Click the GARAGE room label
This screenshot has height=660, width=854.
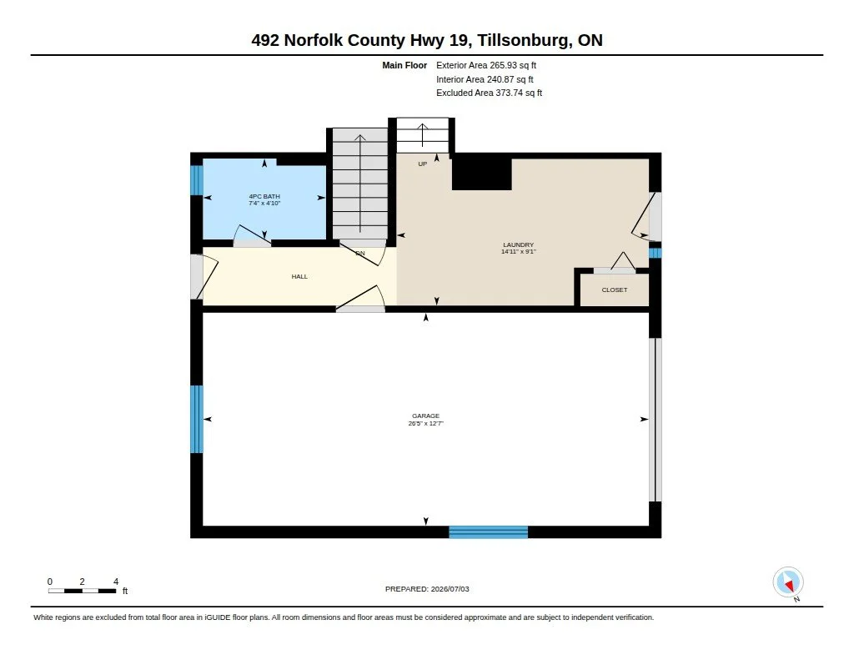click(425, 416)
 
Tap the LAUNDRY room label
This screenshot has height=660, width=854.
click(519, 244)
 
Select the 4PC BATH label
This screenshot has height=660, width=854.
click(264, 196)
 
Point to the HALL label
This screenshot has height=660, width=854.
click(299, 276)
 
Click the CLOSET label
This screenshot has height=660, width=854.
click(615, 290)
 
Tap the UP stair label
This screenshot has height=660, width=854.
click(423, 164)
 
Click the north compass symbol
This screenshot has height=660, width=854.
click(788, 582)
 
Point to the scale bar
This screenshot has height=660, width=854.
click(83, 591)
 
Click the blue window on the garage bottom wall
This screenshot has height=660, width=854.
click(489, 532)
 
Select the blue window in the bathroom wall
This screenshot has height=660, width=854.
click(197, 180)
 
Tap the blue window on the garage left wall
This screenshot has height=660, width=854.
click(197, 419)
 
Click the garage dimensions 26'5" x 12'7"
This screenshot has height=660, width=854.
click(426, 423)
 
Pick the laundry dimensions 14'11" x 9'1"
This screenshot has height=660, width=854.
click(519, 251)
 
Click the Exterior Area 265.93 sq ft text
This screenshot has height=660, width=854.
click(486, 65)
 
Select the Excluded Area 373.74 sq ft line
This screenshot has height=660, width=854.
click(489, 93)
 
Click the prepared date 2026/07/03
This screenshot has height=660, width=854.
click(450, 589)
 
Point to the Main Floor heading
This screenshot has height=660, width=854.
click(404, 65)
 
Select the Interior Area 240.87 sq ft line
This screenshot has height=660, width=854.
click(485, 79)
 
